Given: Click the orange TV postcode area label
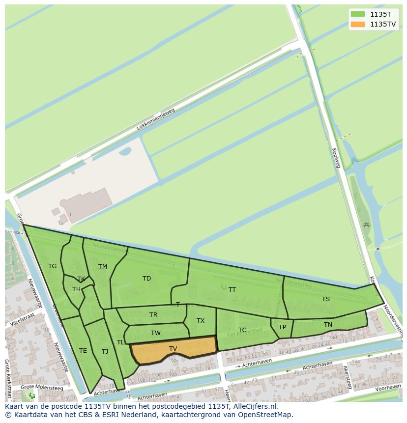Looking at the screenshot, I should pyautogui.click(x=173, y=349).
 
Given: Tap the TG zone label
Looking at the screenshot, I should pyautogui.click(x=53, y=266).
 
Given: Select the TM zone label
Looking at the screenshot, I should pyautogui.click(x=102, y=267).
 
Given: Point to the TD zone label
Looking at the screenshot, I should pyautogui.click(x=146, y=279).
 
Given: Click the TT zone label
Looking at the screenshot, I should pyautogui.click(x=232, y=290).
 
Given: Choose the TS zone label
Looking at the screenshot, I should pyautogui.click(x=326, y=299).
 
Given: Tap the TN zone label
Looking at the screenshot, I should pyautogui.click(x=328, y=325).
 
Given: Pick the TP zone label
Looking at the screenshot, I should pyautogui.click(x=282, y=327).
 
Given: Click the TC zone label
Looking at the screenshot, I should pyautogui.click(x=242, y=330).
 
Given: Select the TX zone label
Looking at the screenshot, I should pyautogui.click(x=201, y=321).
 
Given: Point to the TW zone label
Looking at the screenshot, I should pyautogui.click(x=156, y=333).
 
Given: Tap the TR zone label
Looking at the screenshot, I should pyautogui.click(x=153, y=315).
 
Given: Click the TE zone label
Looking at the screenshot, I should pyautogui.click(x=83, y=351).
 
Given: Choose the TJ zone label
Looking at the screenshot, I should pyautogui.click(x=105, y=352).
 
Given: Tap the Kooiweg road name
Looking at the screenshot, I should pyautogui.click(x=337, y=158).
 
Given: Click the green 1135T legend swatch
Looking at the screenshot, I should pyautogui.click(x=358, y=14).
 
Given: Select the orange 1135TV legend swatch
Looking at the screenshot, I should pyautogui.click(x=358, y=24).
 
